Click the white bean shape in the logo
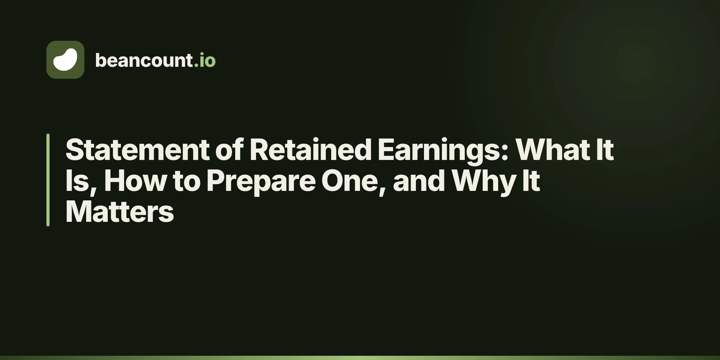tap(65, 60)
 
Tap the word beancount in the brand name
tap(144, 60)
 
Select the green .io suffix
tap(205, 60)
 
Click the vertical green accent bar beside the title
tap(48, 180)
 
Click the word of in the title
tap(229, 149)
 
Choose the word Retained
tap(310, 149)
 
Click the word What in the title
tap(552, 149)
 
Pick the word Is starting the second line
tap(77, 180)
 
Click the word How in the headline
tap(135, 180)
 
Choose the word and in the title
tap(419, 180)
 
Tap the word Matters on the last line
tap(120, 211)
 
